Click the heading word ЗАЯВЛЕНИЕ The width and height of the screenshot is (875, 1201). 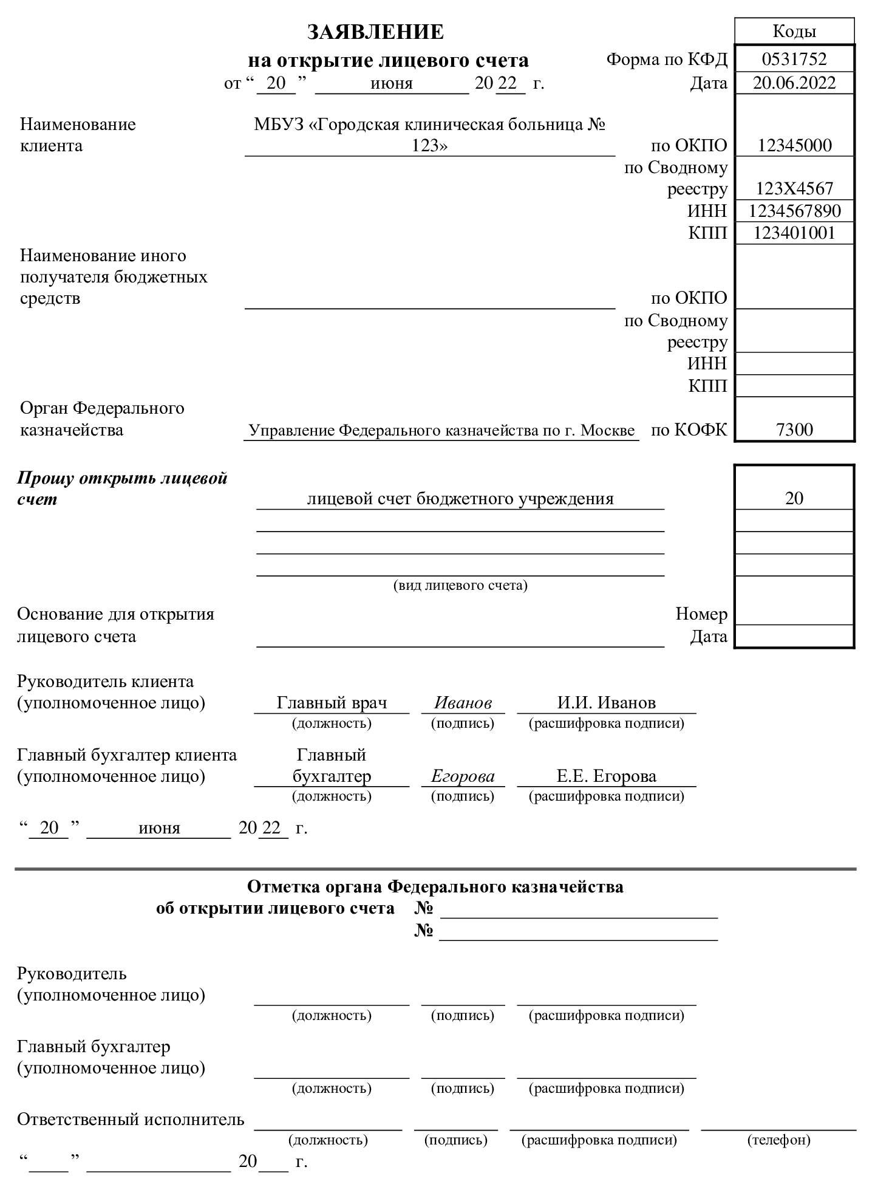click(375, 32)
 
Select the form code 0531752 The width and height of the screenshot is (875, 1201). click(794, 59)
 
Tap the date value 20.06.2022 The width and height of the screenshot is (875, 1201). click(794, 83)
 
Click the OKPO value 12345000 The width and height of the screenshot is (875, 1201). click(794, 145)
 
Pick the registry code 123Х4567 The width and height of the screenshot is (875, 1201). click(794, 188)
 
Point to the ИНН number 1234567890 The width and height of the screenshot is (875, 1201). click(794, 211)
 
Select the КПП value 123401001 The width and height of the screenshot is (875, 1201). click(794, 233)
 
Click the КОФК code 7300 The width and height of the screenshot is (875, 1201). click(794, 429)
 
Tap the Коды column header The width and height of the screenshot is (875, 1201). click(794, 31)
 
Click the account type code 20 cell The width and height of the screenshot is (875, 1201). click(794, 498)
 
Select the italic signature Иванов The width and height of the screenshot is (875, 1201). click(463, 703)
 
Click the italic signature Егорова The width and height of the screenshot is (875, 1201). click(463, 776)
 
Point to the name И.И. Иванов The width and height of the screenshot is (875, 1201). click(606, 703)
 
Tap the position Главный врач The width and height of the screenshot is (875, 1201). click(332, 703)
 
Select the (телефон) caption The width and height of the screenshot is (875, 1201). click(778, 1140)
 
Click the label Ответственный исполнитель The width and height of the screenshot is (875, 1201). click(131, 1119)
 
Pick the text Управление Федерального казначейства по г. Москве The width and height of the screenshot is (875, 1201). click(441, 430)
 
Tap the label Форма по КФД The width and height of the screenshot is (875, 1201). click(666, 60)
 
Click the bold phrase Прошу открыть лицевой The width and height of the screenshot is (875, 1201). click(122, 478)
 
